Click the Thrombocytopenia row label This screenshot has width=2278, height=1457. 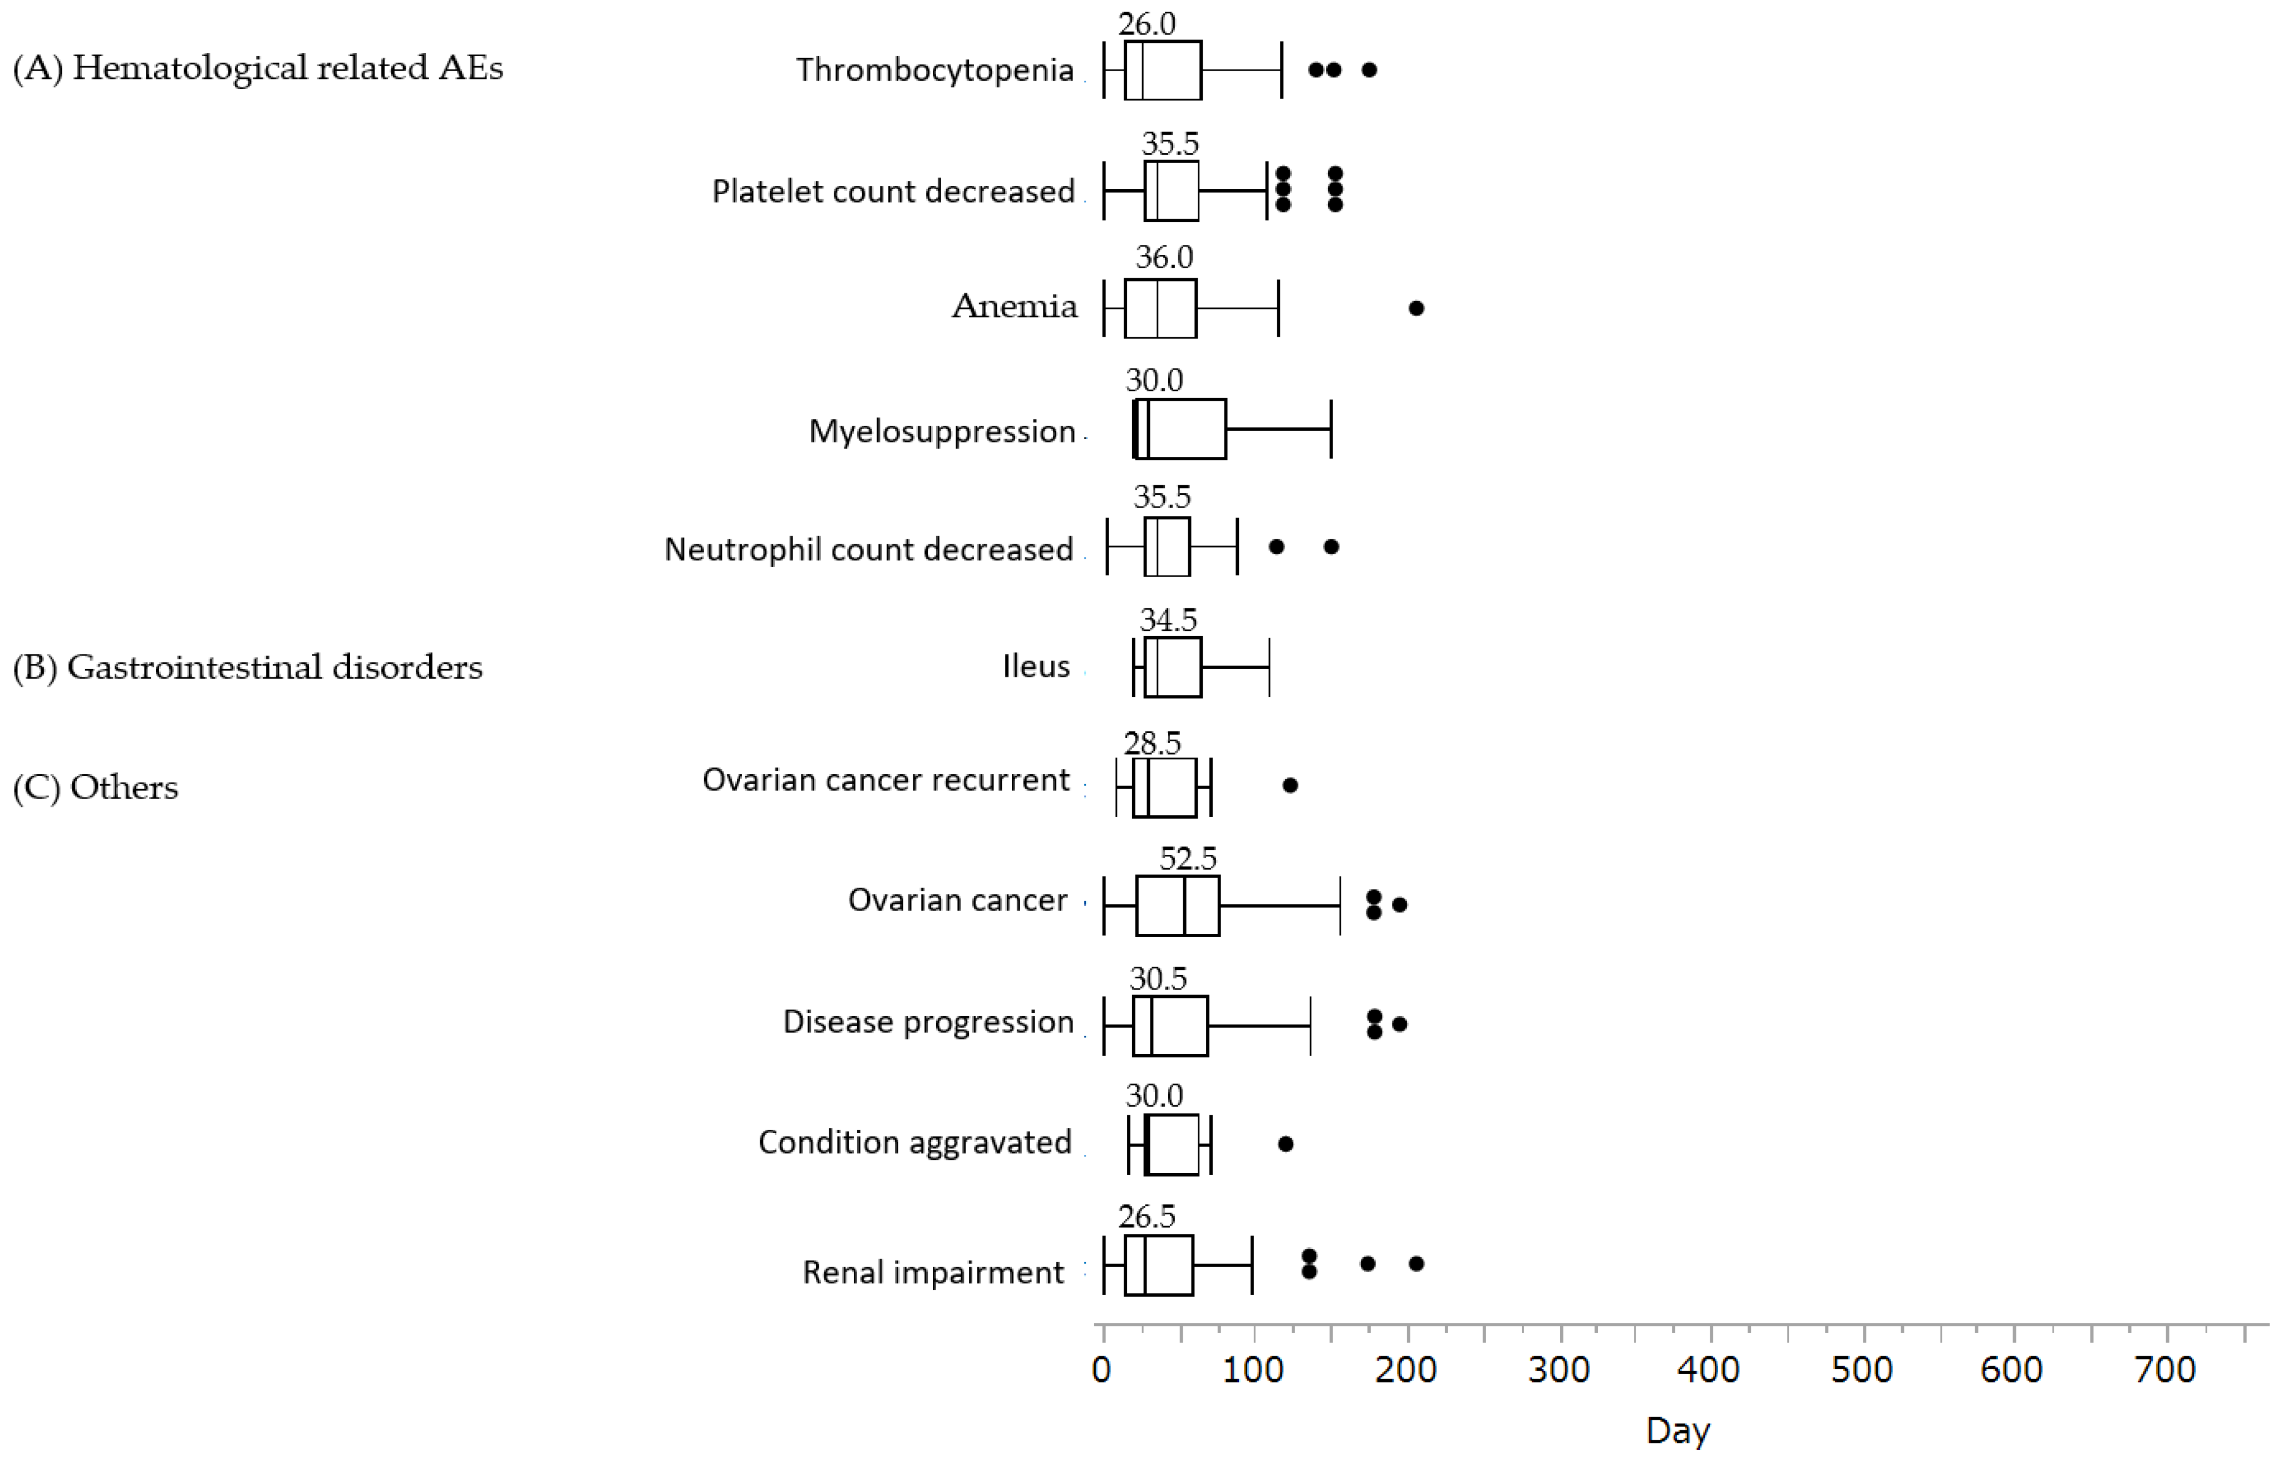click(934, 70)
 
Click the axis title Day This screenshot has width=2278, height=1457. click(1677, 1430)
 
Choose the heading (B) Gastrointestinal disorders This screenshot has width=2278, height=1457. click(248, 667)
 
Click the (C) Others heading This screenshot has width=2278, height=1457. click(96, 787)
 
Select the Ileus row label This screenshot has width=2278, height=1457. click(1036, 666)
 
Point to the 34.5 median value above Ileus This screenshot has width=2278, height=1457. click(1168, 620)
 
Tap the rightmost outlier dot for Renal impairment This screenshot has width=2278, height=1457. click(1416, 1263)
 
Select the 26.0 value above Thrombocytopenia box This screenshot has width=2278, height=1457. click(1147, 23)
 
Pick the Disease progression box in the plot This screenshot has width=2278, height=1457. click(1170, 1026)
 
